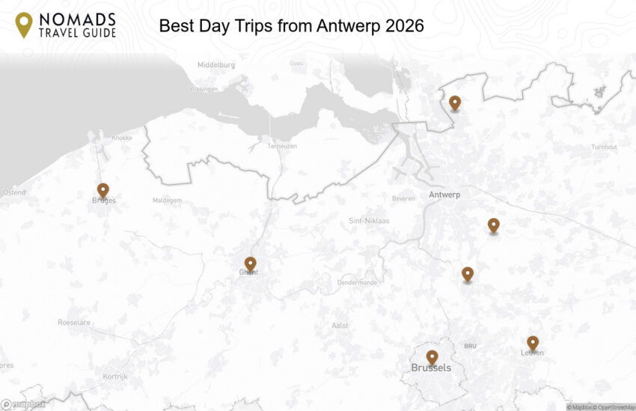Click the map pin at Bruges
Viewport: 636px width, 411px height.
point(103,190)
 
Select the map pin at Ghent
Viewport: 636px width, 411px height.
point(250,264)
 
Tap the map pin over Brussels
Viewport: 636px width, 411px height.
point(432,357)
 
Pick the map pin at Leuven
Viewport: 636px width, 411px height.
point(533,342)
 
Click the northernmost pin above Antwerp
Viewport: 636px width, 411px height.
point(455,102)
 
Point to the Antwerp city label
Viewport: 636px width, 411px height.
point(444,195)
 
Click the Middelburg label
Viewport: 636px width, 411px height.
point(216,65)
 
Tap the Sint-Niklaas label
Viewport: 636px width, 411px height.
point(369,221)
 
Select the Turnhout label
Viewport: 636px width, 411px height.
point(604,147)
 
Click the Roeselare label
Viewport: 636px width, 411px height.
point(74,323)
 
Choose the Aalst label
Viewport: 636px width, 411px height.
point(340,326)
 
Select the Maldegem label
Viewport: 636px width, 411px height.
point(167,201)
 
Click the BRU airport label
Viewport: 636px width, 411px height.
point(470,346)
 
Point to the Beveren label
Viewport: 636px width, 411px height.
point(403,198)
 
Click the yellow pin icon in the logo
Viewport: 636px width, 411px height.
point(24,25)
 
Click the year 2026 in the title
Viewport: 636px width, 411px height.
point(405,26)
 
